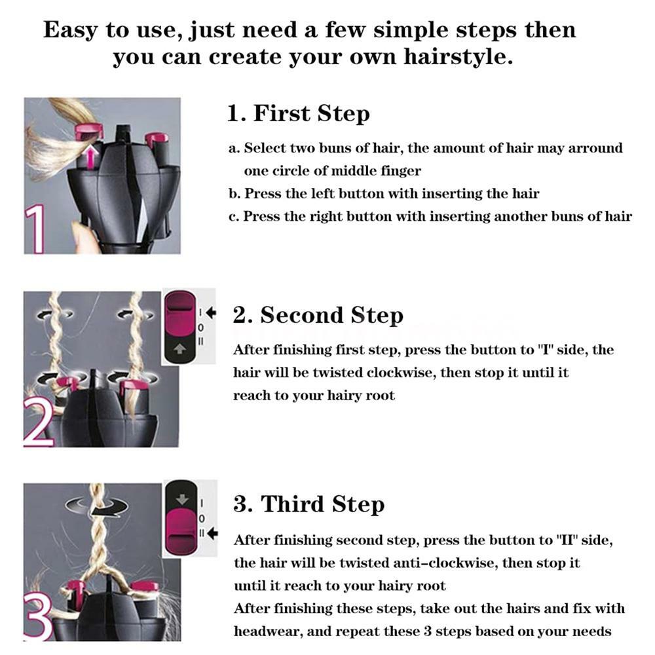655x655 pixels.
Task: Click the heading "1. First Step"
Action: (x=298, y=113)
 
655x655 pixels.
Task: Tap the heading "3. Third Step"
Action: (x=309, y=504)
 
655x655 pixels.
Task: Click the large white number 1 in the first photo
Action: (x=36, y=229)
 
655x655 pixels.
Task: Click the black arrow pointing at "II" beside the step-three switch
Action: (x=212, y=534)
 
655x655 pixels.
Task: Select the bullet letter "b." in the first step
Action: (x=235, y=194)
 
